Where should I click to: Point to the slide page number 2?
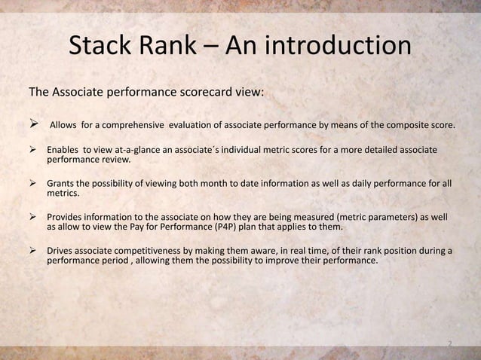449,345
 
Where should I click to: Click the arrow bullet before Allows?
33,124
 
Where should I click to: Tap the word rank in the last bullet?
359,250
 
